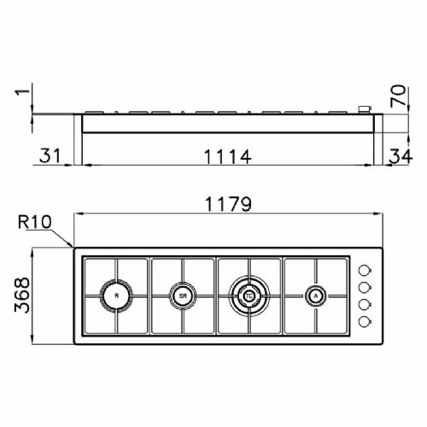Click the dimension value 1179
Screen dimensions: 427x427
tap(226, 204)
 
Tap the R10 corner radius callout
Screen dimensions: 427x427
tap(35, 223)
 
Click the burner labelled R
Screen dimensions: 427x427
tap(117, 295)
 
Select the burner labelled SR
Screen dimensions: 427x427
tap(183, 295)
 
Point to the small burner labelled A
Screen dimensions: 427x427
tap(316, 295)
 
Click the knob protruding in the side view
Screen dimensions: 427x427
tap(365, 108)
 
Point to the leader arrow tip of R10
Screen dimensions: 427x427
tap(74, 249)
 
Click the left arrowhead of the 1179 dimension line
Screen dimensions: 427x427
tap(76, 215)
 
